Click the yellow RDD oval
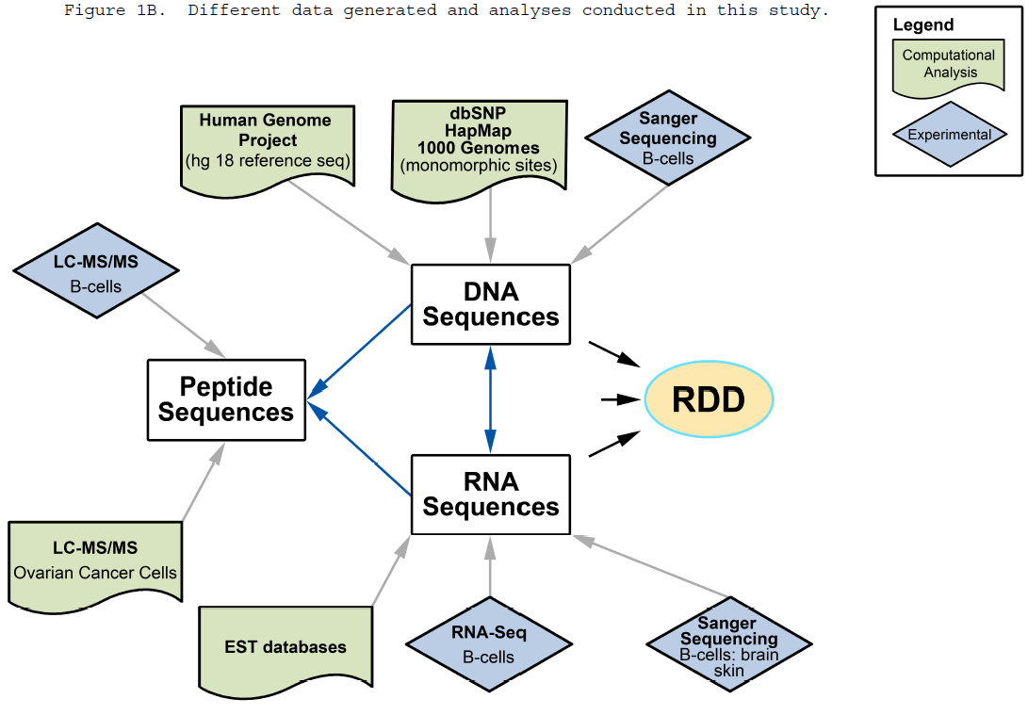point(709,400)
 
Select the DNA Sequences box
point(490,304)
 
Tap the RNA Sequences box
point(490,495)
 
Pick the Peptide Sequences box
point(226,399)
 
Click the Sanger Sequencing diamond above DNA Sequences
point(667,138)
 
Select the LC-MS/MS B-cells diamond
point(96,271)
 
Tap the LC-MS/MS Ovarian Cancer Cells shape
point(94,561)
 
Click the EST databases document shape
point(286,647)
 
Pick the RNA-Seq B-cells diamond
point(489,644)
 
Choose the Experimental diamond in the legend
point(949,135)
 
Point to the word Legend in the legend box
point(922,25)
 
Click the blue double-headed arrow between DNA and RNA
point(490,399)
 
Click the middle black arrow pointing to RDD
point(619,399)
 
